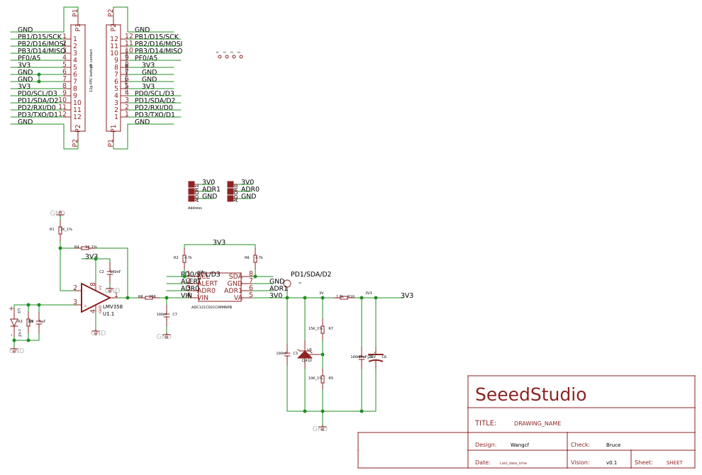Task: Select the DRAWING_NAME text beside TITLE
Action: click(x=537, y=423)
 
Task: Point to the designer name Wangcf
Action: click(x=519, y=445)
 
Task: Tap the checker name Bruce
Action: click(x=613, y=445)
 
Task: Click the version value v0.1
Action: click(x=611, y=463)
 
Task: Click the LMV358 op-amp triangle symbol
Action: click(x=94, y=298)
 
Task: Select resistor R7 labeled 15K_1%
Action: click(x=323, y=329)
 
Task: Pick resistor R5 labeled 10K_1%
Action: click(x=323, y=379)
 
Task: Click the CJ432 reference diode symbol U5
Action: click(x=305, y=354)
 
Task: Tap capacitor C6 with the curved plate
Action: click(x=376, y=358)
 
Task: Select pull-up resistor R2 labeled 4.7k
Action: click(x=184, y=259)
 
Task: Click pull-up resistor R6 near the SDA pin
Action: click(x=255, y=259)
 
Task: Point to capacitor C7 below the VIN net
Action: click(x=167, y=315)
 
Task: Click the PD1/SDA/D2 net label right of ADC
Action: click(x=311, y=274)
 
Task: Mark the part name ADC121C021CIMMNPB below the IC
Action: click(x=211, y=307)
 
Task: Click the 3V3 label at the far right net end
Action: click(x=407, y=296)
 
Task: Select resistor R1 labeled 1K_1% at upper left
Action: click(x=60, y=230)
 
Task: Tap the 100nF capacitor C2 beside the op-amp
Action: click(x=110, y=272)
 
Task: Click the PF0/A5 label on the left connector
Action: click(x=29, y=58)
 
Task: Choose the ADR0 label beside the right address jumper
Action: click(x=250, y=189)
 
